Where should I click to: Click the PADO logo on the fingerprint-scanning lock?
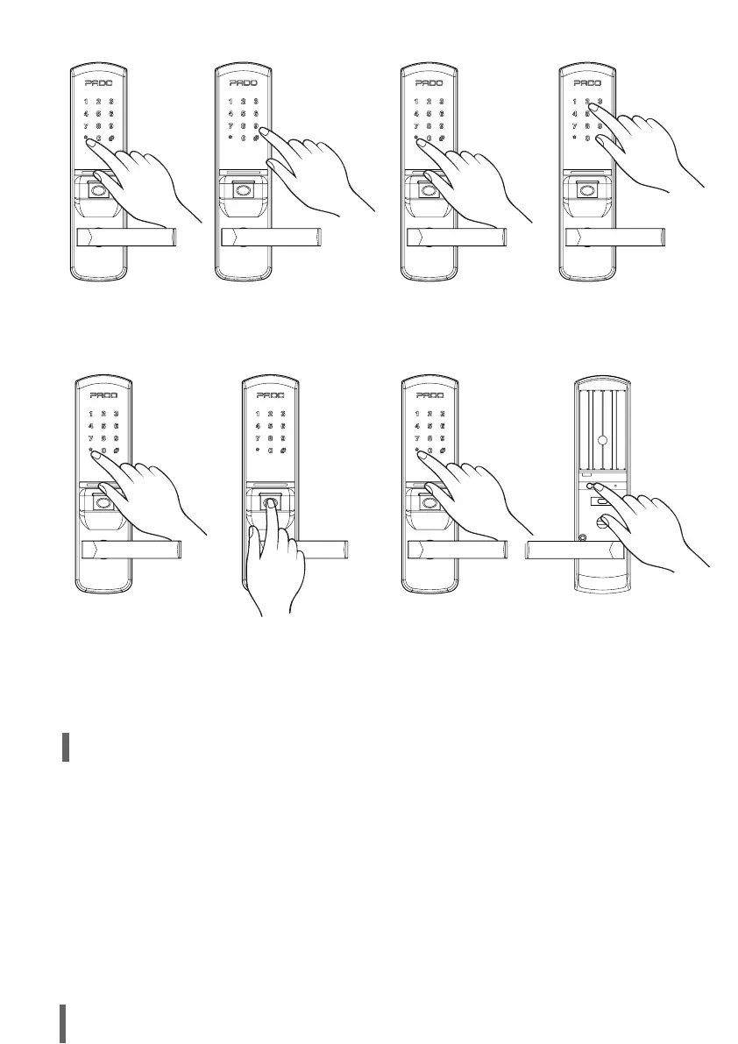[271, 395]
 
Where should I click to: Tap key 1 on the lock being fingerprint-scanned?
[258, 413]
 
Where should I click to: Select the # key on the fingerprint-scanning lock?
[284, 451]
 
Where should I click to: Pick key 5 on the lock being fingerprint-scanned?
[271, 425]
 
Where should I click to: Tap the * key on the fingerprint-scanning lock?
[258, 451]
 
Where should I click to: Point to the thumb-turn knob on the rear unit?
[602, 522]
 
